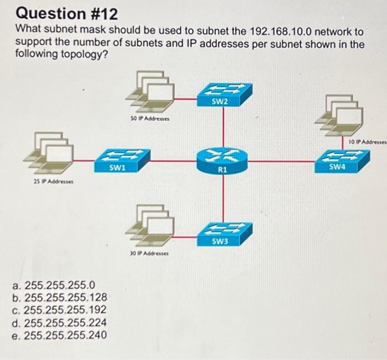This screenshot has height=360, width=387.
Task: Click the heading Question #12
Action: click(59, 12)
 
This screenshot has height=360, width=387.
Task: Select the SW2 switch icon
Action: click(223, 93)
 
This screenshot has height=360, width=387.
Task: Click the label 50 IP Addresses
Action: click(149, 119)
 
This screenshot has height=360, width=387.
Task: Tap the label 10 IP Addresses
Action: click(365, 142)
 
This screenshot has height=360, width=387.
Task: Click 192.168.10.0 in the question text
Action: click(282, 31)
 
